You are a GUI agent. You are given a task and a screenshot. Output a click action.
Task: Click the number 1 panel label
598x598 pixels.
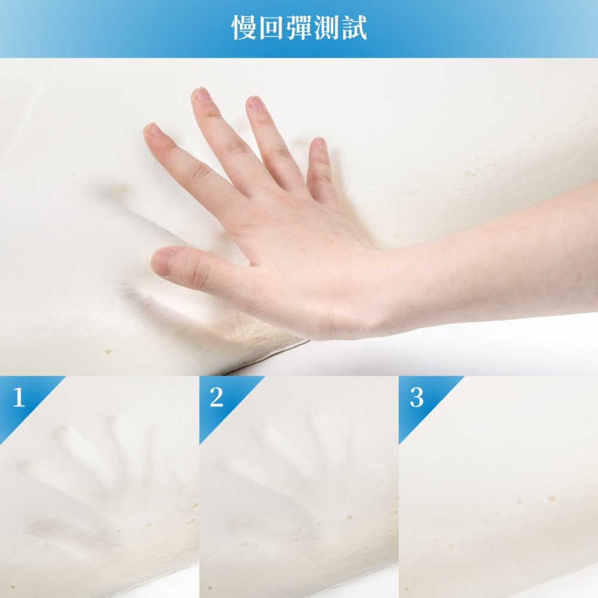(x=19, y=398)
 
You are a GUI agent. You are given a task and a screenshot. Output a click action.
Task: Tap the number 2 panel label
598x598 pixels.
(x=216, y=398)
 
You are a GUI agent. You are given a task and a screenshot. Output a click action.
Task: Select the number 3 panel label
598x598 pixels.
(x=416, y=398)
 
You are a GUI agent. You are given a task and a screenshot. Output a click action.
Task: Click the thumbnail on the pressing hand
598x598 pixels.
(x=161, y=261)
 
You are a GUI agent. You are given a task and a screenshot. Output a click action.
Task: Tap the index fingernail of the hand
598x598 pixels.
(x=152, y=131)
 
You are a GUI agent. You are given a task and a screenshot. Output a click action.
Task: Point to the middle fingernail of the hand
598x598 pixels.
(x=202, y=96)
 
